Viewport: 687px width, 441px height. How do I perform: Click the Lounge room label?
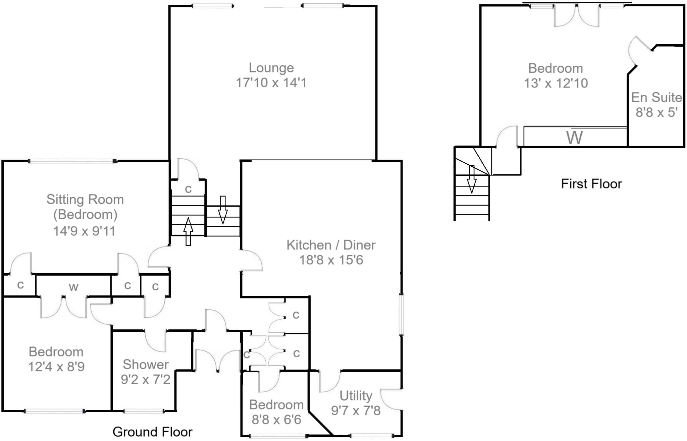(271, 68)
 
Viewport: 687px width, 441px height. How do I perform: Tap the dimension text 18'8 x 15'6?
(331, 260)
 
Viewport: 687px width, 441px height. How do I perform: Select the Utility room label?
(356, 396)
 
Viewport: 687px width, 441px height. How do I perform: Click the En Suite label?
(656, 98)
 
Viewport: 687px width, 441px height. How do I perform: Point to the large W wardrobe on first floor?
(574, 137)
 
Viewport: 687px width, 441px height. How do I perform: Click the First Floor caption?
(591, 184)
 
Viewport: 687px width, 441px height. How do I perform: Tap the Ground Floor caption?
(152, 432)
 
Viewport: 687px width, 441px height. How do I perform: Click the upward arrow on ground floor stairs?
(188, 231)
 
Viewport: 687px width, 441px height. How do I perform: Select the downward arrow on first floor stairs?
(472, 179)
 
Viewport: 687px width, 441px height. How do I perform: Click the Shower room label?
(146, 365)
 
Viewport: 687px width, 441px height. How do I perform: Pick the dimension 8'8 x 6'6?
(276, 420)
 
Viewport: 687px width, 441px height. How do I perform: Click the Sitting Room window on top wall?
(72, 161)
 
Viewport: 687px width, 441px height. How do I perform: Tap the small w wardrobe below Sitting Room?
(73, 287)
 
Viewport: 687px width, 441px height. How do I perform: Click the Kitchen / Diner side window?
(401, 314)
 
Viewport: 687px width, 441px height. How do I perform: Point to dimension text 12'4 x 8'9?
(56, 367)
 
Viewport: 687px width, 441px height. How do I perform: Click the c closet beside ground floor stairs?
(188, 189)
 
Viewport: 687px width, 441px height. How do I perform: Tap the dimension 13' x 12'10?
(556, 83)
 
